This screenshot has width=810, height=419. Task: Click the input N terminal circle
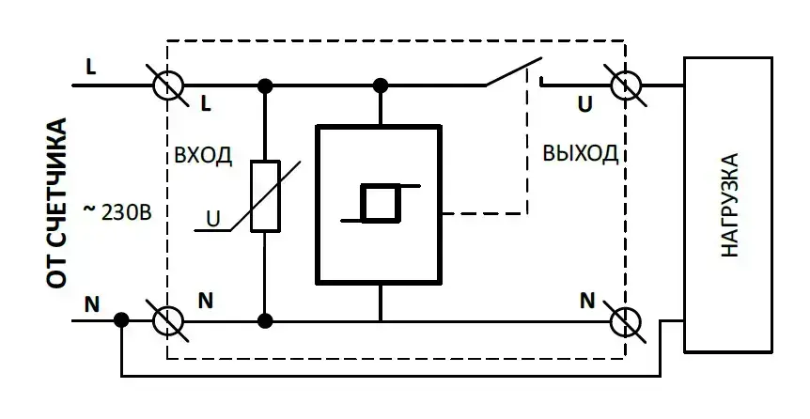(x=168, y=320)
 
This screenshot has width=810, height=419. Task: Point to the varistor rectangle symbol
(x=266, y=196)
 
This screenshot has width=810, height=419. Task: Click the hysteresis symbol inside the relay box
(x=380, y=204)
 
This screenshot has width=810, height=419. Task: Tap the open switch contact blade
(x=514, y=73)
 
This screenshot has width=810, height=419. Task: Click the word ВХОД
(x=203, y=155)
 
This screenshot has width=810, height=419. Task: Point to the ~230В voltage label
(x=117, y=209)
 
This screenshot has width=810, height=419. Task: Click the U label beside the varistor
(x=214, y=221)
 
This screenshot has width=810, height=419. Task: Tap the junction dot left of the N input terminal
(x=121, y=320)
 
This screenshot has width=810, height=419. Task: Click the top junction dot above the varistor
(x=266, y=86)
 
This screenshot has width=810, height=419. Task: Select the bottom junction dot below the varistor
(x=266, y=320)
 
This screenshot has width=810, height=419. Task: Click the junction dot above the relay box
(x=381, y=86)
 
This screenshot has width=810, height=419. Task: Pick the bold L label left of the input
(x=90, y=67)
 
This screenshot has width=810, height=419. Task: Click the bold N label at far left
(x=91, y=303)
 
